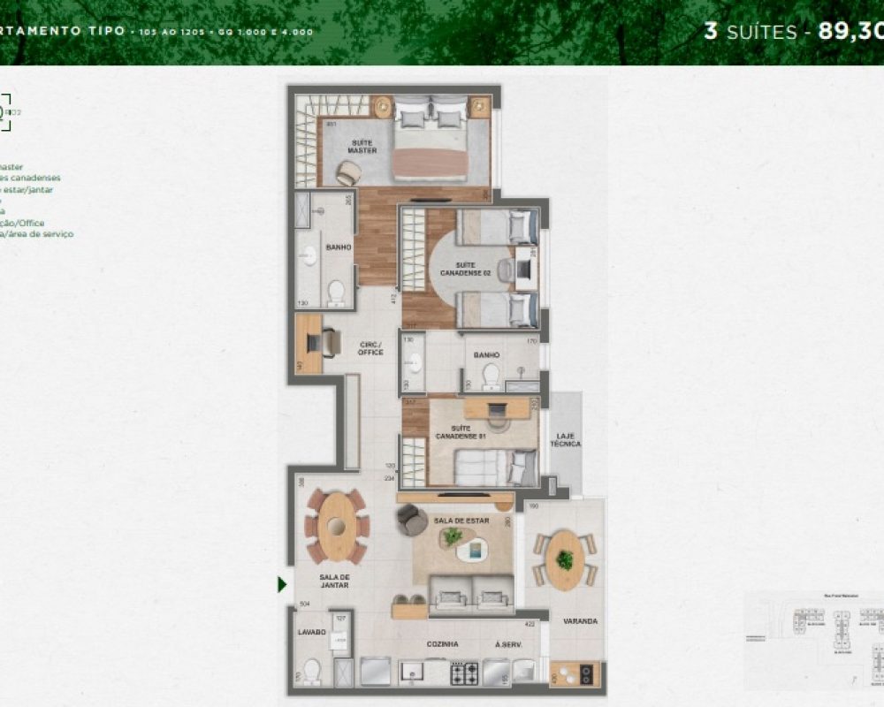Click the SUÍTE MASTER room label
pos(362,146)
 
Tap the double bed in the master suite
pos(431,141)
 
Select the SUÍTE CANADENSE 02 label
pos(465,270)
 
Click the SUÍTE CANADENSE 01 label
pos(460,433)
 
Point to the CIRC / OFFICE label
pos(370,348)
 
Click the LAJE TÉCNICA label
pos(566,439)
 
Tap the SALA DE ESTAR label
pos(461,521)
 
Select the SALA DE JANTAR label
pos(334,580)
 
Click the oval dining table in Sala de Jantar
pos(337,527)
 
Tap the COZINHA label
pos(442,644)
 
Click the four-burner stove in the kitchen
pos(465,674)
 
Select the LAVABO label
pos(311,633)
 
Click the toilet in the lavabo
pos(311,671)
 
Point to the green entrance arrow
pos(282,584)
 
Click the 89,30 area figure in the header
pos(850,31)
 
